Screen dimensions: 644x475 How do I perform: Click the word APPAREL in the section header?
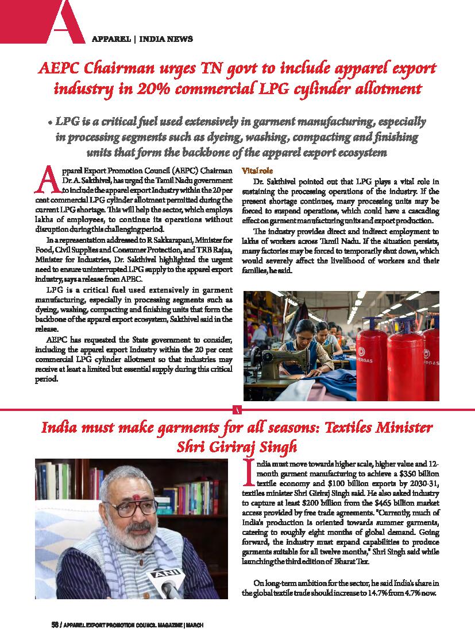110,39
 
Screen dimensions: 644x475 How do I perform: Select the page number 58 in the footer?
55,624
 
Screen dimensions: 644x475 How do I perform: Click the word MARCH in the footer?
195,624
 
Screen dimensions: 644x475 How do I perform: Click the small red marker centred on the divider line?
237,409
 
